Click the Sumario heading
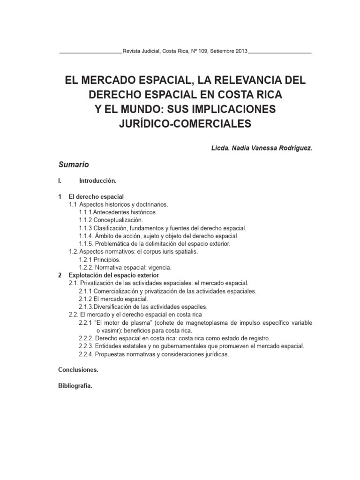tap(73, 165)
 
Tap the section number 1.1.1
tap(85, 212)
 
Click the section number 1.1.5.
tap(86, 244)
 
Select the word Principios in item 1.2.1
tap(107, 259)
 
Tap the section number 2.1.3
tap(86, 307)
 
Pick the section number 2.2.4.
tap(86, 354)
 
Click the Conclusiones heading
tap(78, 370)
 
